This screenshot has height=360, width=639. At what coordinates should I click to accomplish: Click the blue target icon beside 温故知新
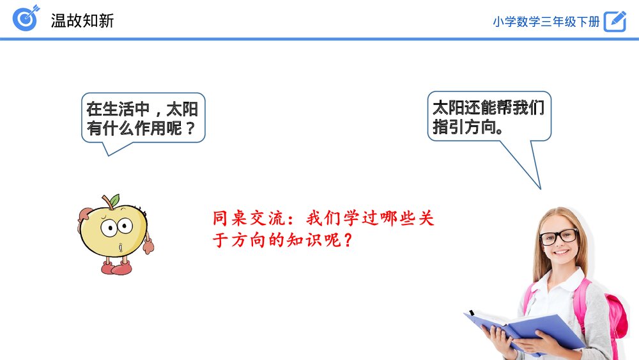[26, 19]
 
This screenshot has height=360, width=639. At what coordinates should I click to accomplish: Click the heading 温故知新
[82, 20]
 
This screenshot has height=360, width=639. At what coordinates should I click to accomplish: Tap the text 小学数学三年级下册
[546, 21]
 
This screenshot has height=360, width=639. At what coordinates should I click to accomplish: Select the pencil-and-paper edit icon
[615, 20]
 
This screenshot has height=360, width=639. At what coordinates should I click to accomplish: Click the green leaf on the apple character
[114, 200]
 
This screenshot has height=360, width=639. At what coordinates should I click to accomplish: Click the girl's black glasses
[558, 237]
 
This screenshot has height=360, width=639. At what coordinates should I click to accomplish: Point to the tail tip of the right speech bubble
[540, 189]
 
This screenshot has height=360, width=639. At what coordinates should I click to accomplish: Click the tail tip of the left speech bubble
[109, 155]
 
